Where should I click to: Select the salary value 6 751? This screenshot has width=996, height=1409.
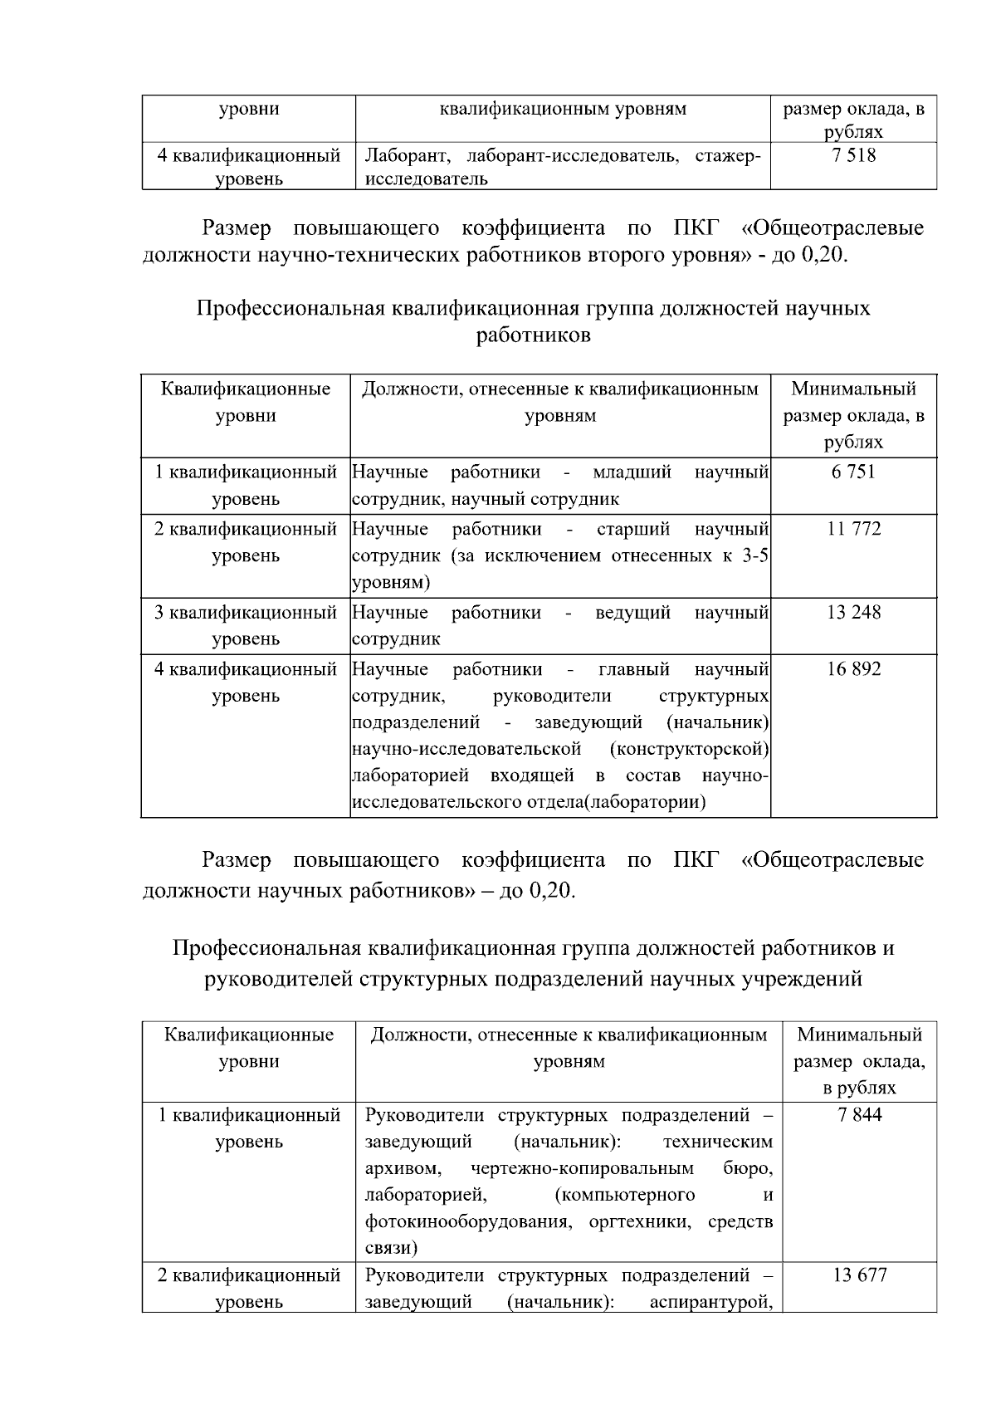pyautogui.click(x=853, y=472)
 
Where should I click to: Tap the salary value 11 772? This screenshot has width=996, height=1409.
pyautogui.click(x=853, y=529)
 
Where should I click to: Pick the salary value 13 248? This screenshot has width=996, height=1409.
pyautogui.click(x=853, y=613)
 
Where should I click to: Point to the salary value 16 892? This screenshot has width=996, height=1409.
pyautogui.click(x=853, y=669)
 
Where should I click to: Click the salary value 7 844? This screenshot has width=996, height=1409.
pyautogui.click(x=860, y=1115)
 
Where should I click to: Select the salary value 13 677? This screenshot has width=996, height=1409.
pyautogui.click(x=860, y=1275)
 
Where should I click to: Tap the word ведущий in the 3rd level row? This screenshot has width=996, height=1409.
pyautogui.click(x=632, y=613)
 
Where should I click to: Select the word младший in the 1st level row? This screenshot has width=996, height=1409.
pyautogui.click(x=632, y=472)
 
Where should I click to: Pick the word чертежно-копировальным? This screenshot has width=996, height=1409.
pyautogui.click(x=582, y=1168)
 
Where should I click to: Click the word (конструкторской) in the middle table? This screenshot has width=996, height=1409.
pyautogui.click(x=688, y=749)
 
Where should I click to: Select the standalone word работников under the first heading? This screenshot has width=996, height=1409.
pyautogui.click(x=534, y=335)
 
